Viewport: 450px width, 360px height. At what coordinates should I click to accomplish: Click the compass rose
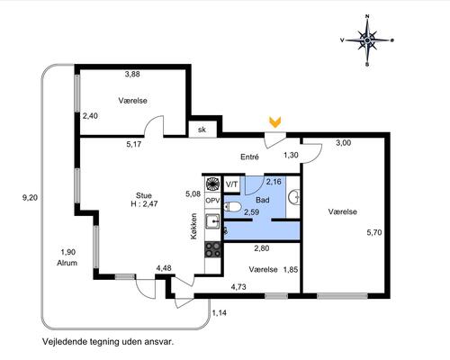pyautogui.click(x=367, y=40)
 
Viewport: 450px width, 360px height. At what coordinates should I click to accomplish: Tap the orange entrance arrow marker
pyautogui.click(x=274, y=122)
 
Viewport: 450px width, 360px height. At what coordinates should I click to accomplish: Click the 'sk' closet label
pyautogui.click(x=202, y=130)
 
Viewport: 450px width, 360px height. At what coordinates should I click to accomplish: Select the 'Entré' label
pyautogui.click(x=249, y=157)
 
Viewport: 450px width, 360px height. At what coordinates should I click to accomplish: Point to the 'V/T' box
pyautogui.click(x=231, y=184)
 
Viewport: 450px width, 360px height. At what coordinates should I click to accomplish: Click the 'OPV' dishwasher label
pyautogui.click(x=212, y=200)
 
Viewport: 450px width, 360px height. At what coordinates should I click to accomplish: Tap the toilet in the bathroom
pyautogui.click(x=232, y=206)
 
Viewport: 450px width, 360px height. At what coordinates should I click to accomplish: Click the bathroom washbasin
pyautogui.click(x=294, y=197)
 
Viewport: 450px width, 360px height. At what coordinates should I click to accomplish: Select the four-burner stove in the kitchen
pyautogui.click(x=212, y=250)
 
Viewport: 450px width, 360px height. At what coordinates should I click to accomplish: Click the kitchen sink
pyautogui.click(x=212, y=221)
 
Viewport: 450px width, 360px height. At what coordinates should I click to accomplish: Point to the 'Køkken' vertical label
pyautogui.click(x=194, y=226)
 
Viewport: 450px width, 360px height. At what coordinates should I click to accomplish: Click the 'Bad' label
pyautogui.click(x=263, y=200)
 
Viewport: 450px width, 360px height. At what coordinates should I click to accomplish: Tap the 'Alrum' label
pyautogui.click(x=67, y=263)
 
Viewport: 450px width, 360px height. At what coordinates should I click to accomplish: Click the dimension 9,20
pyautogui.click(x=31, y=198)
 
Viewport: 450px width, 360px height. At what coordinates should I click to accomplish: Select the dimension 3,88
pyautogui.click(x=132, y=74)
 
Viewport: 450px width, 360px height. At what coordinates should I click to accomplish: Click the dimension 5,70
pyautogui.click(x=374, y=232)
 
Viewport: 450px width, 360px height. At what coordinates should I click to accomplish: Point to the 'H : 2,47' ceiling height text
pyautogui.click(x=144, y=204)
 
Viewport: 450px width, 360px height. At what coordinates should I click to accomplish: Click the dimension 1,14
pyautogui.click(x=220, y=313)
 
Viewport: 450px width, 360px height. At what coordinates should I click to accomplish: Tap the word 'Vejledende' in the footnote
pyautogui.click(x=64, y=342)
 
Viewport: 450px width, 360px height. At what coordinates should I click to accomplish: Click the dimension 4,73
pyautogui.click(x=238, y=287)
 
